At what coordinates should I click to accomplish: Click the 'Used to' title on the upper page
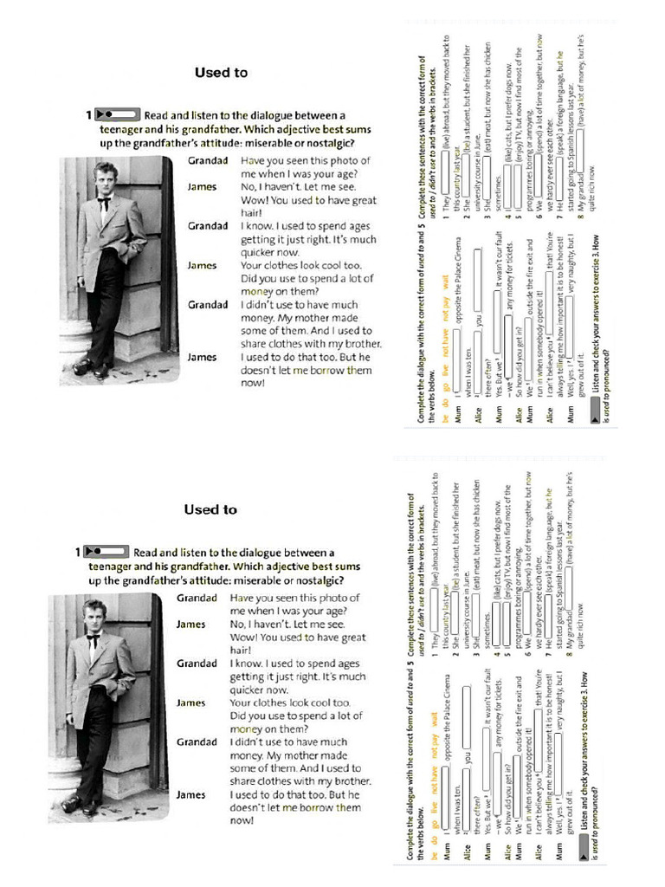coord(221,73)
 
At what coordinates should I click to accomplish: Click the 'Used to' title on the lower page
coord(210,509)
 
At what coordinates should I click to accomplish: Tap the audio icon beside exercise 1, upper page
coord(117,114)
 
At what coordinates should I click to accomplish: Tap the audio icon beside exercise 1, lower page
coord(106,552)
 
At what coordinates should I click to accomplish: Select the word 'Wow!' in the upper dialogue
coord(255,200)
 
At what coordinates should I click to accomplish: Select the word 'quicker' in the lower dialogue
coord(247,690)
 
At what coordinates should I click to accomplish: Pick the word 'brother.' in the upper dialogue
coord(358,344)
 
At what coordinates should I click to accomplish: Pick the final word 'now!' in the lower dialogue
coord(242,819)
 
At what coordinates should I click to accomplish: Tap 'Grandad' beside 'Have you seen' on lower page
coord(197,598)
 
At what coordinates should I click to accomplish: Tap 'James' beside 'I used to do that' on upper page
coord(202,357)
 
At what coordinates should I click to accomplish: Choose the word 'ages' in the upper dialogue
coord(356,226)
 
